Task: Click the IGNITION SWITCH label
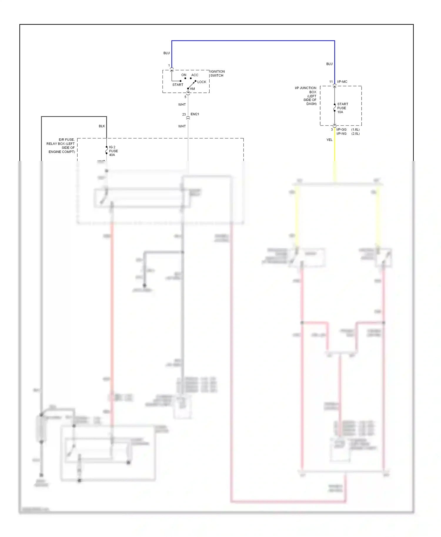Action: tap(217, 73)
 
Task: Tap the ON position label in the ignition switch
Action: tap(184, 75)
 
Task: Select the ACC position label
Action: tap(195, 75)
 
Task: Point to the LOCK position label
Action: tap(202, 82)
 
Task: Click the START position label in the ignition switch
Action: tap(178, 85)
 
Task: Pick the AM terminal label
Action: tap(192, 89)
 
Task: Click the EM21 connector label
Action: tap(195, 114)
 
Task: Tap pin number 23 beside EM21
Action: tap(184, 114)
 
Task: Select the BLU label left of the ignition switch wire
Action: tap(166, 53)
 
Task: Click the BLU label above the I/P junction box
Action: tap(329, 64)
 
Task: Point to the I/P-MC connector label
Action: tap(342, 82)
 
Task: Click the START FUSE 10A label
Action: tap(342, 108)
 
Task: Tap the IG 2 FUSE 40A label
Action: tap(113, 151)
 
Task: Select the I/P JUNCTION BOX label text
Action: tap(306, 96)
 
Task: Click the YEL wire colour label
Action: tap(329, 140)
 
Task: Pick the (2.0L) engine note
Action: tap(355, 134)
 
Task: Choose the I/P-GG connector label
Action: tap(341, 130)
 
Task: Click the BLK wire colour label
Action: tap(102, 126)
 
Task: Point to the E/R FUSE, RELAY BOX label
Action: tap(61, 146)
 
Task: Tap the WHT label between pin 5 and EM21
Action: tap(182, 105)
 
